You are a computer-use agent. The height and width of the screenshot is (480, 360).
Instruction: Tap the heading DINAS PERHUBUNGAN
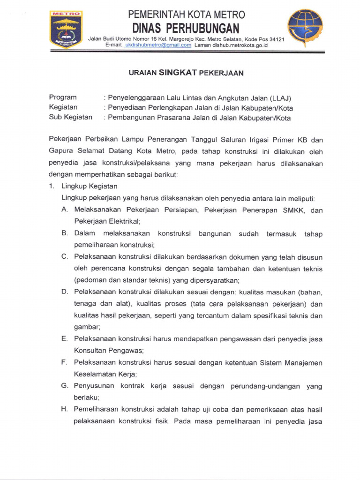tap(186, 28)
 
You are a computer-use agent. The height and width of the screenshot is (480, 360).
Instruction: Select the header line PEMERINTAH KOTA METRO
tap(186, 15)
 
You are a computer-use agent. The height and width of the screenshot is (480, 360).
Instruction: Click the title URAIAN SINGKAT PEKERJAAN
tap(186, 73)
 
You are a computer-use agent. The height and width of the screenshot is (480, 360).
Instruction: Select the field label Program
tap(63, 97)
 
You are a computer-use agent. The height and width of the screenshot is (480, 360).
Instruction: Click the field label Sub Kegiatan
tap(71, 118)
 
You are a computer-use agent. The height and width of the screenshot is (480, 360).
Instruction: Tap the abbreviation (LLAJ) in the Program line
tap(281, 98)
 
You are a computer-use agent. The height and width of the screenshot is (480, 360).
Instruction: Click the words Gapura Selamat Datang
tap(85, 151)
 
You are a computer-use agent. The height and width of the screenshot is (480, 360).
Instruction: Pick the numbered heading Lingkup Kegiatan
tap(90, 186)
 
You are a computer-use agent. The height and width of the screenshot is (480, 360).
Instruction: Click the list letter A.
tap(64, 210)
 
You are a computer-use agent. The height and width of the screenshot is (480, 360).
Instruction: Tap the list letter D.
tap(64, 292)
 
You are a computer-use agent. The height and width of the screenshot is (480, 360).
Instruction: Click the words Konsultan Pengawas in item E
tap(108, 351)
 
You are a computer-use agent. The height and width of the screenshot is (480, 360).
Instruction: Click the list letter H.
tap(64, 409)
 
